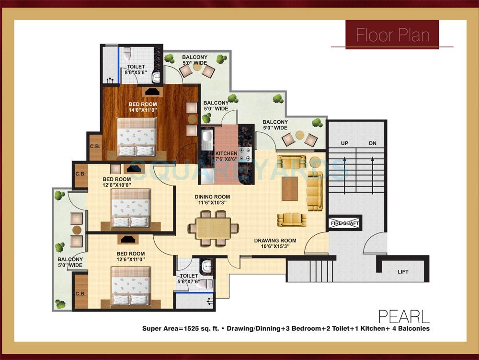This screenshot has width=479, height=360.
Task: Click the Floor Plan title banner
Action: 392,35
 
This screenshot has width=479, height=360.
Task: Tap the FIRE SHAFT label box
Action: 344,223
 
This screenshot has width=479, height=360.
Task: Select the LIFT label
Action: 403,272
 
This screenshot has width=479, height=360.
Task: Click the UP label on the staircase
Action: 344,143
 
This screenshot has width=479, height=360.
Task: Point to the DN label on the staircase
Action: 373,143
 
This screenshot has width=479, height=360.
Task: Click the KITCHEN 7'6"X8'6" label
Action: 226,157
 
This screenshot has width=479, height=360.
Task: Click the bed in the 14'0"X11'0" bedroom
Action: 137,137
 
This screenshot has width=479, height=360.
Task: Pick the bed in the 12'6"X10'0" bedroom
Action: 131,208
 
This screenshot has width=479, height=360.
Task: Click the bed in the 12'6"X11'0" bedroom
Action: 131,286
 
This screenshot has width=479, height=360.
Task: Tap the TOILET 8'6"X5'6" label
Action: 136,70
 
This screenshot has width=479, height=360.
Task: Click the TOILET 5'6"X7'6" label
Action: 189,279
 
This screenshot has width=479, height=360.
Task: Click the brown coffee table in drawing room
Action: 289,189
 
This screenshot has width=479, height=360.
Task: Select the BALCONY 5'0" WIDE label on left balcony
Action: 70,262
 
